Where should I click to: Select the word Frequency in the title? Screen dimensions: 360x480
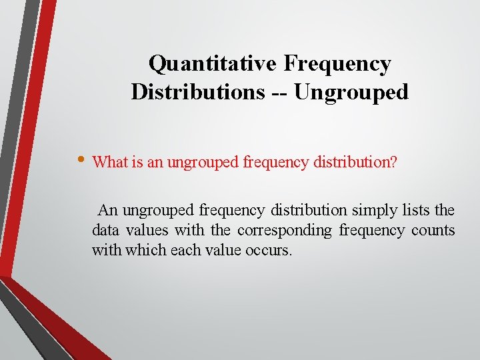click(337, 64)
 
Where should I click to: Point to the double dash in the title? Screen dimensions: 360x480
click(279, 92)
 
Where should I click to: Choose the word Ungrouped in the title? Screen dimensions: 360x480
click(351, 92)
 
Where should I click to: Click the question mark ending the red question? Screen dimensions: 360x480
click(394, 162)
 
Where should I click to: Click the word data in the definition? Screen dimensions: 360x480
click(105, 231)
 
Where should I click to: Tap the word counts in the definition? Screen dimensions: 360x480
click(433, 231)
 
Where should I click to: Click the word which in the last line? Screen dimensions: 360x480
click(133, 251)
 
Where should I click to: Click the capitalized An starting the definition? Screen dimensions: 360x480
click(108, 211)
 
